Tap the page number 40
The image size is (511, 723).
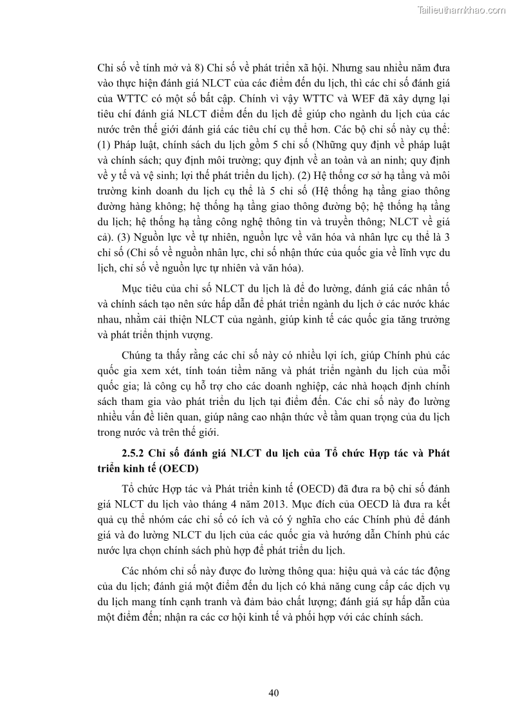[273, 693]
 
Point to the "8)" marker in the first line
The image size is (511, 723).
[193, 66]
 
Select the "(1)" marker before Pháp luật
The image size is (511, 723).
[106, 158]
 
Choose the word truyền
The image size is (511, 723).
[317, 220]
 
